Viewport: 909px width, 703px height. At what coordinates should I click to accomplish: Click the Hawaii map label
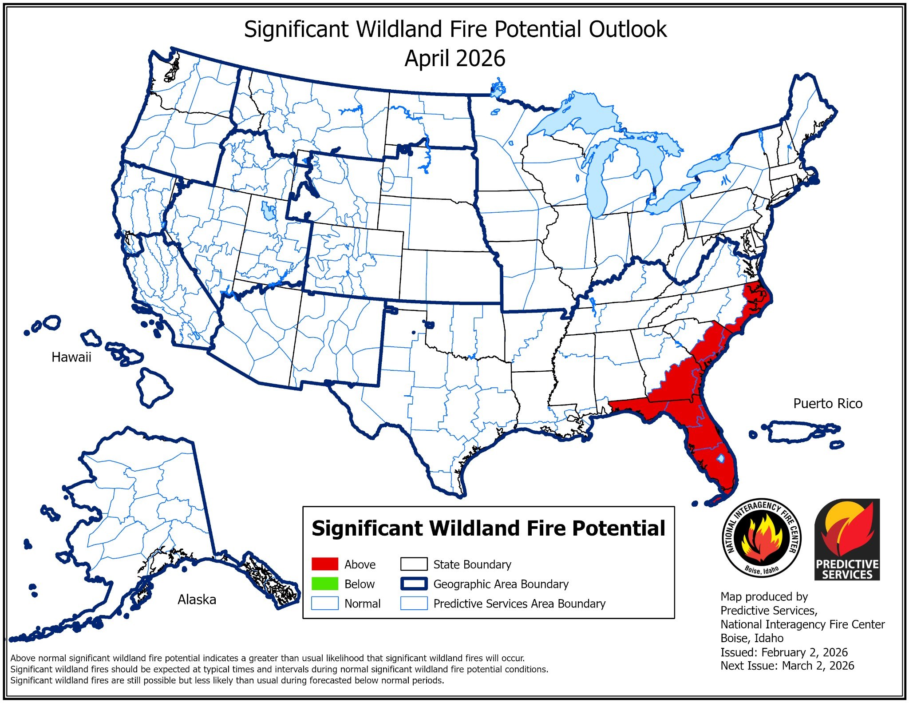click(x=71, y=357)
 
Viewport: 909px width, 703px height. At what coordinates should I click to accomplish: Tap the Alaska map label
click(x=197, y=600)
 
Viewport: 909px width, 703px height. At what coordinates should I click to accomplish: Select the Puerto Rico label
click(x=827, y=403)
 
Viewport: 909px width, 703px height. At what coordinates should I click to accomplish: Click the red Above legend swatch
click(x=324, y=564)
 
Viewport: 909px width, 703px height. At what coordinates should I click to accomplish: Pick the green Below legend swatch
click(x=324, y=584)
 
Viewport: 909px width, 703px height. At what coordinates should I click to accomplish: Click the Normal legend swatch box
click(x=324, y=603)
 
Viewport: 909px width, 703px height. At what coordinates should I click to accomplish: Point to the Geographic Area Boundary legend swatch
click(x=414, y=584)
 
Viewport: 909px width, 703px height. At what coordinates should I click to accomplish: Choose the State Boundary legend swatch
click(x=414, y=564)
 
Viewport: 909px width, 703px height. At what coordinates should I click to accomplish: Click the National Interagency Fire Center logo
click(x=762, y=538)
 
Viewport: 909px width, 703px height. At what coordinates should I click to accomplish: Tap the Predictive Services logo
click(x=847, y=539)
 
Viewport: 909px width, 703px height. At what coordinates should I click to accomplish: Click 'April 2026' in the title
click(x=454, y=59)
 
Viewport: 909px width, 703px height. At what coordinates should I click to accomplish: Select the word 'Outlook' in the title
click(x=627, y=29)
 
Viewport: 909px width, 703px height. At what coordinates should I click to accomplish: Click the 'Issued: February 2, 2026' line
click(x=783, y=652)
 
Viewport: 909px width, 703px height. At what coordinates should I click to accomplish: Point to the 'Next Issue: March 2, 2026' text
click(x=787, y=666)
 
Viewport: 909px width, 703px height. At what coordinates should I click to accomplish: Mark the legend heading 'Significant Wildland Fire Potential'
click(x=488, y=528)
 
